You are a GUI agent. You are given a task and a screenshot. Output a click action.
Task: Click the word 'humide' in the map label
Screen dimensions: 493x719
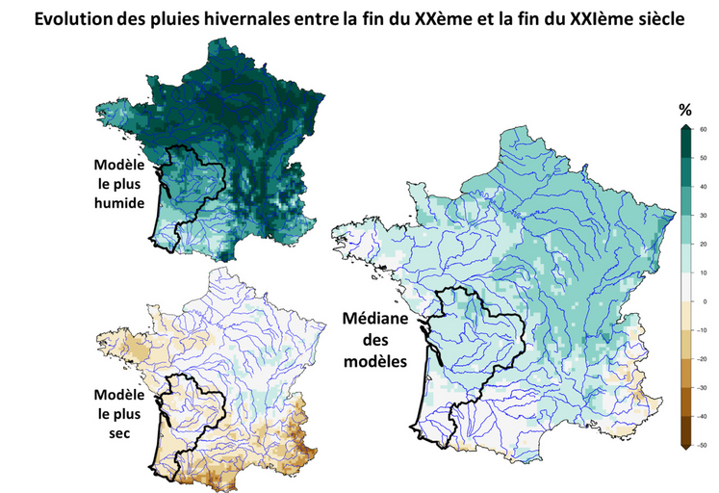[x=120, y=203]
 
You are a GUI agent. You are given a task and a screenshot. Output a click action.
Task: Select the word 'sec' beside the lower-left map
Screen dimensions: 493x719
[x=118, y=430]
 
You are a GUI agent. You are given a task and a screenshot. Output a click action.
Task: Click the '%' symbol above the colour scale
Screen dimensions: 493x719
[x=685, y=108]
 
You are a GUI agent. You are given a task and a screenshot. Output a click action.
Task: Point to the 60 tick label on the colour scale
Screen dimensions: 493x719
[x=704, y=129]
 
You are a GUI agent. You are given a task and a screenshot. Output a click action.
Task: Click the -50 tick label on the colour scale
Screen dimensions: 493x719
[x=704, y=444]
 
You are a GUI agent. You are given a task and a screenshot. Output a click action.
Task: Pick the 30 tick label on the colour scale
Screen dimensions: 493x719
[x=704, y=215]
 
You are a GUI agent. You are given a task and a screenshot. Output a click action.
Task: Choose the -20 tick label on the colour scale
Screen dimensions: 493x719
[x=704, y=358]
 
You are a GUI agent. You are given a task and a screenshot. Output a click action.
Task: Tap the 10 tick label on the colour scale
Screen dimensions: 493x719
[x=704, y=272]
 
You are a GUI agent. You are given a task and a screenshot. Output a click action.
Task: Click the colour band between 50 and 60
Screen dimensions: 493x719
[x=685, y=143]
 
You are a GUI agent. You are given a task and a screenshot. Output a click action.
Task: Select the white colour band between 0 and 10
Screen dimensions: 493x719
[x=685, y=287]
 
